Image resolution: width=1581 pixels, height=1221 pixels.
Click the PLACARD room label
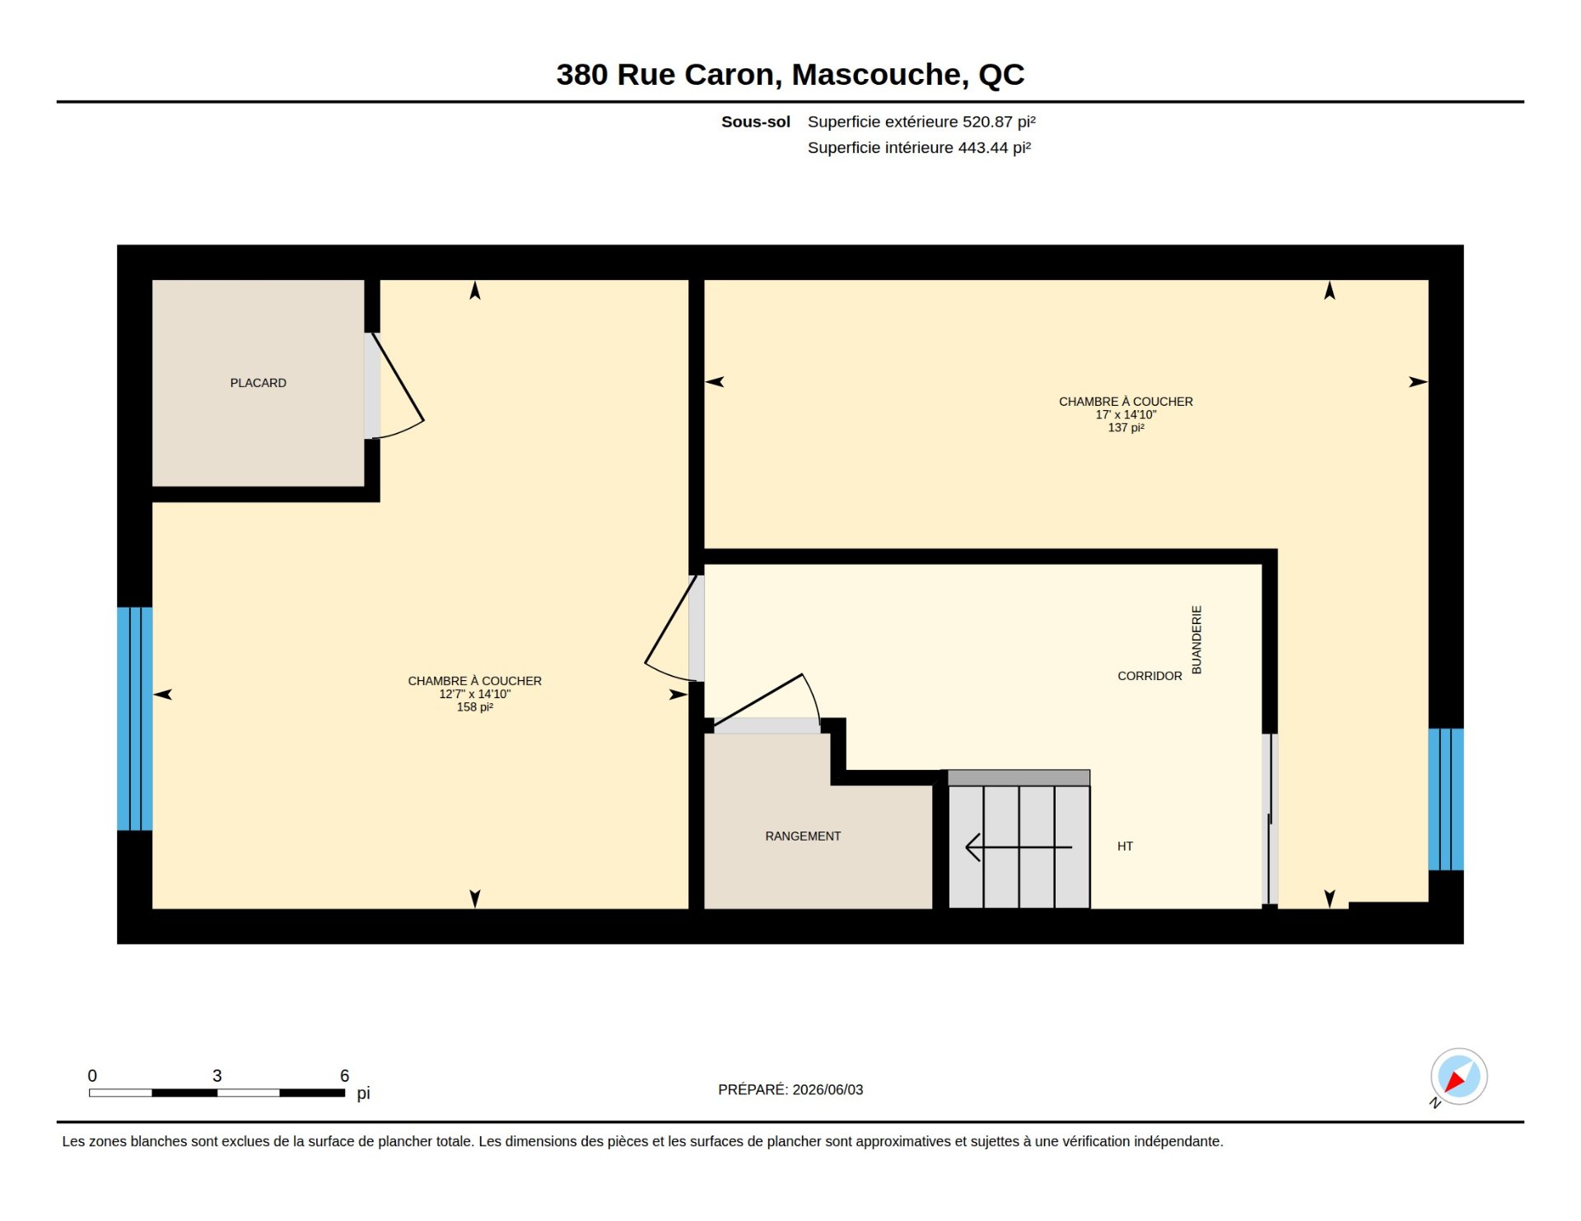[x=258, y=383]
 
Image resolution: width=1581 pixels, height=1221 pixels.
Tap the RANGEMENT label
[x=803, y=837]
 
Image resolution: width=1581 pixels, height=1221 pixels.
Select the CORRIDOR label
[x=1150, y=676]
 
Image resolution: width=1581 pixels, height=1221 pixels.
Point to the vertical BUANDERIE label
[x=1196, y=640]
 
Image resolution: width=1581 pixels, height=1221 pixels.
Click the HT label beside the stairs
[x=1125, y=846]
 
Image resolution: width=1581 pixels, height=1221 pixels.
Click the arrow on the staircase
[x=1019, y=847]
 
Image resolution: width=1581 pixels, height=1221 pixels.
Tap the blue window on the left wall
[x=134, y=719]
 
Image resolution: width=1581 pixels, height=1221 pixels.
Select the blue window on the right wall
[x=1446, y=799]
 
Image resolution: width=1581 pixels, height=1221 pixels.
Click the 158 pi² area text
[x=475, y=707]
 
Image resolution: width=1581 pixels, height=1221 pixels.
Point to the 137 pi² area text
[x=1126, y=428]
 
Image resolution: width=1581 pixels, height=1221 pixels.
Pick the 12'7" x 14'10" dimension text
[x=475, y=694]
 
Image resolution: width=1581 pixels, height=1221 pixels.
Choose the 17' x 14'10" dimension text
[x=1126, y=415]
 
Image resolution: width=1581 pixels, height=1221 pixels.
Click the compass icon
[x=1458, y=1077]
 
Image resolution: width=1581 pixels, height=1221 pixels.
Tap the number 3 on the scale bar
[x=217, y=1076]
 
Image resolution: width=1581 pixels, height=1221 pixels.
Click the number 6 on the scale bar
[x=345, y=1076]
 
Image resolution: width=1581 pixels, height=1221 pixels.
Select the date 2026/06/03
[x=828, y=1090]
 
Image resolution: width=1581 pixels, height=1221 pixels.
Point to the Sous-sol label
[x=756, y=122]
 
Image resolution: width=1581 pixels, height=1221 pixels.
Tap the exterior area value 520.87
[x=987, y=122]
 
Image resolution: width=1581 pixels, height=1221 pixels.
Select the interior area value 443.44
[x=983, y=147]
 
